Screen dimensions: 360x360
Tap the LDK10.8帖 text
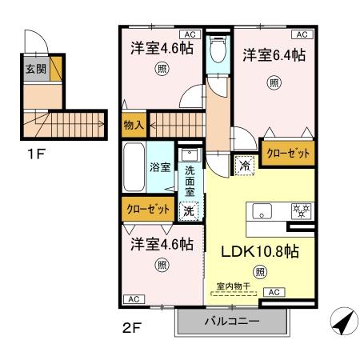259,250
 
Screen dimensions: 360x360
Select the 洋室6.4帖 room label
274,55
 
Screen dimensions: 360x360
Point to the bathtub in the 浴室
134,167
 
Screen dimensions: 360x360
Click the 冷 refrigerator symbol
243,166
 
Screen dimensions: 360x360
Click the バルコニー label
230,322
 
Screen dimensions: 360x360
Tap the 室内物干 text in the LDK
234,285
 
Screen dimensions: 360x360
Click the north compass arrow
342,321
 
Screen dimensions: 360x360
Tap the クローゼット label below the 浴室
149,209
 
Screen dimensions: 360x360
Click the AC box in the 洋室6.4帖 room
302,35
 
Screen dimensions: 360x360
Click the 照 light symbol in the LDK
259,272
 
